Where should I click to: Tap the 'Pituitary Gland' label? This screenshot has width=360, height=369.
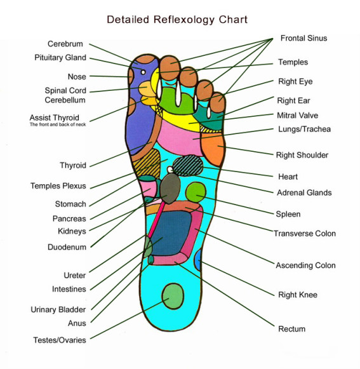point(60,58)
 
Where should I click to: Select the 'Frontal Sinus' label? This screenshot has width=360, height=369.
point(303,38)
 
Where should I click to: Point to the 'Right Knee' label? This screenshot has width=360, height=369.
point(297,295)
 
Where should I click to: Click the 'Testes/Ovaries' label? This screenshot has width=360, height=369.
point(59,340)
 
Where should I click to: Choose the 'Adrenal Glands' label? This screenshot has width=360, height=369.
point(304,192)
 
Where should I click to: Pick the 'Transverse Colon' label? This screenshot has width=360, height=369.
point(305,233)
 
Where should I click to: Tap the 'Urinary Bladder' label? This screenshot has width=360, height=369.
point(58,310)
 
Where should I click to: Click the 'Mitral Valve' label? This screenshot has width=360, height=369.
point(297,116)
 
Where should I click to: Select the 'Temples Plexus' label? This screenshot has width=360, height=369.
point(58,186)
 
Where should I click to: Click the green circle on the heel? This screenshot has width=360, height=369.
point(173,295)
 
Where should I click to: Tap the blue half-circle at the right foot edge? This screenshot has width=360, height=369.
point(198,259)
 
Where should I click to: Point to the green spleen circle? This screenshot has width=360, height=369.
point(196,191)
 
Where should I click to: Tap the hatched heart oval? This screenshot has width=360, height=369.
point(189,165)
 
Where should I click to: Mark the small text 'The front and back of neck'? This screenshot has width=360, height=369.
point(58,124)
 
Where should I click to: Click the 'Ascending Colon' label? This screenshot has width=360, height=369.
point(305,265)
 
